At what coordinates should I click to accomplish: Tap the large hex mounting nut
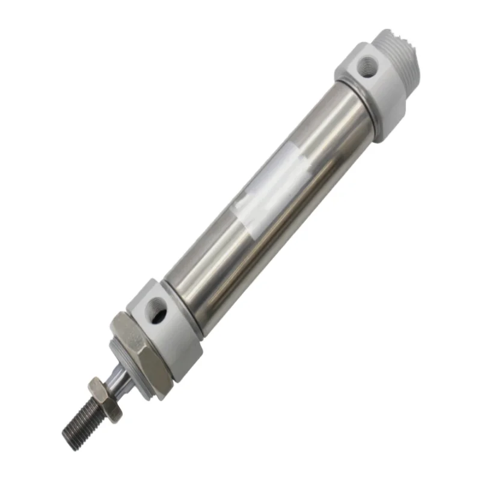tap(139, 342)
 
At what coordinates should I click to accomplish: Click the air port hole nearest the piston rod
tap(159, 310)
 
